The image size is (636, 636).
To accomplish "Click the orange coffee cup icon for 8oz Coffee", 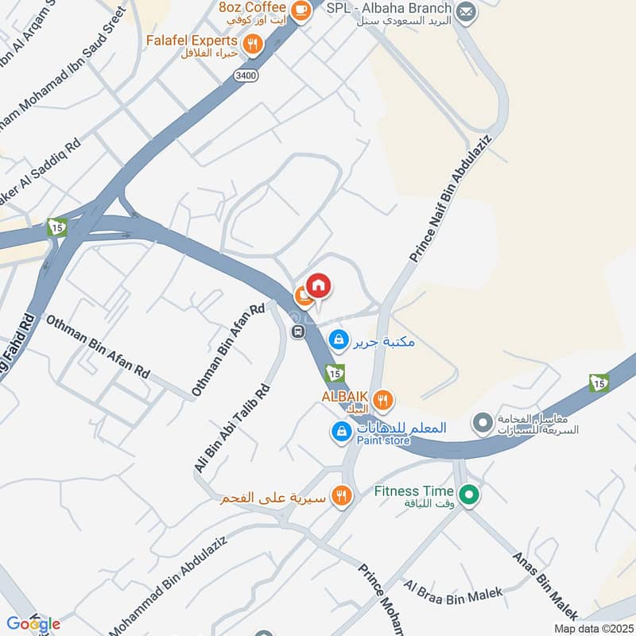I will [x=301, y=10].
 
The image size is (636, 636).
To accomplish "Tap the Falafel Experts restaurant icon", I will [x=253, y=45].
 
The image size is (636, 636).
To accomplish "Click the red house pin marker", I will [x=318, y=286].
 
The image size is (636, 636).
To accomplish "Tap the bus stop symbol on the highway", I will [x=298, y=332].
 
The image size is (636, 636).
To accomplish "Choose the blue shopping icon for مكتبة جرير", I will [x=339, y=340].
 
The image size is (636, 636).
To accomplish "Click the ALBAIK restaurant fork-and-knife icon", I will [x=383, y=399].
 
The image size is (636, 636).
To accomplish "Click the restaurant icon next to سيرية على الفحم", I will [x=342, y=496].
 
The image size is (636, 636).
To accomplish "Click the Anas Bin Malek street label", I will [x=545, y=585].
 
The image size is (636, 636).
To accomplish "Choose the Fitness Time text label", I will [x=413, y=491].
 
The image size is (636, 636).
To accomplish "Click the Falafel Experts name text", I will [x=203, y=40].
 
